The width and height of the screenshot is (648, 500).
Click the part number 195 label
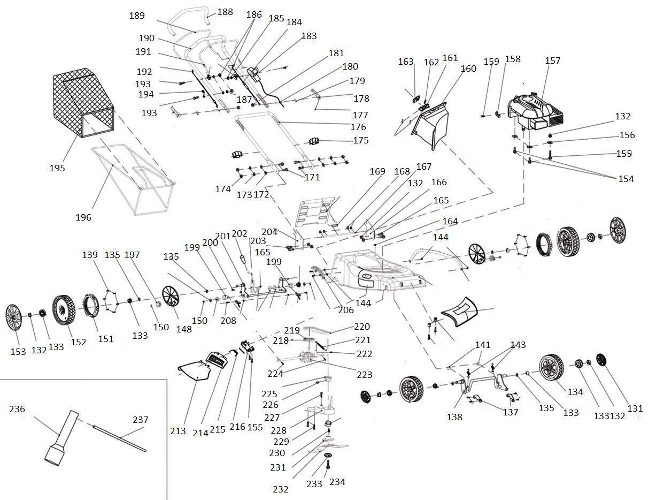57,168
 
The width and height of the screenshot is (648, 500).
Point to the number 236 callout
17,409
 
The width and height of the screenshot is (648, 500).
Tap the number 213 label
178,431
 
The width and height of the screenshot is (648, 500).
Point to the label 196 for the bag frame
83,217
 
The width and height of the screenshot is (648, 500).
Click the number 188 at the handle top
225,12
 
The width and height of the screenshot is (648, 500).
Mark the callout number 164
450,221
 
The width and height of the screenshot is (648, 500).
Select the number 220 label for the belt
362,327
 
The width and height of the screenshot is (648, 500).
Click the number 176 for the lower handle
358,127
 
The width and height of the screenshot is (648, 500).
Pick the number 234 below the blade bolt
337,482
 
